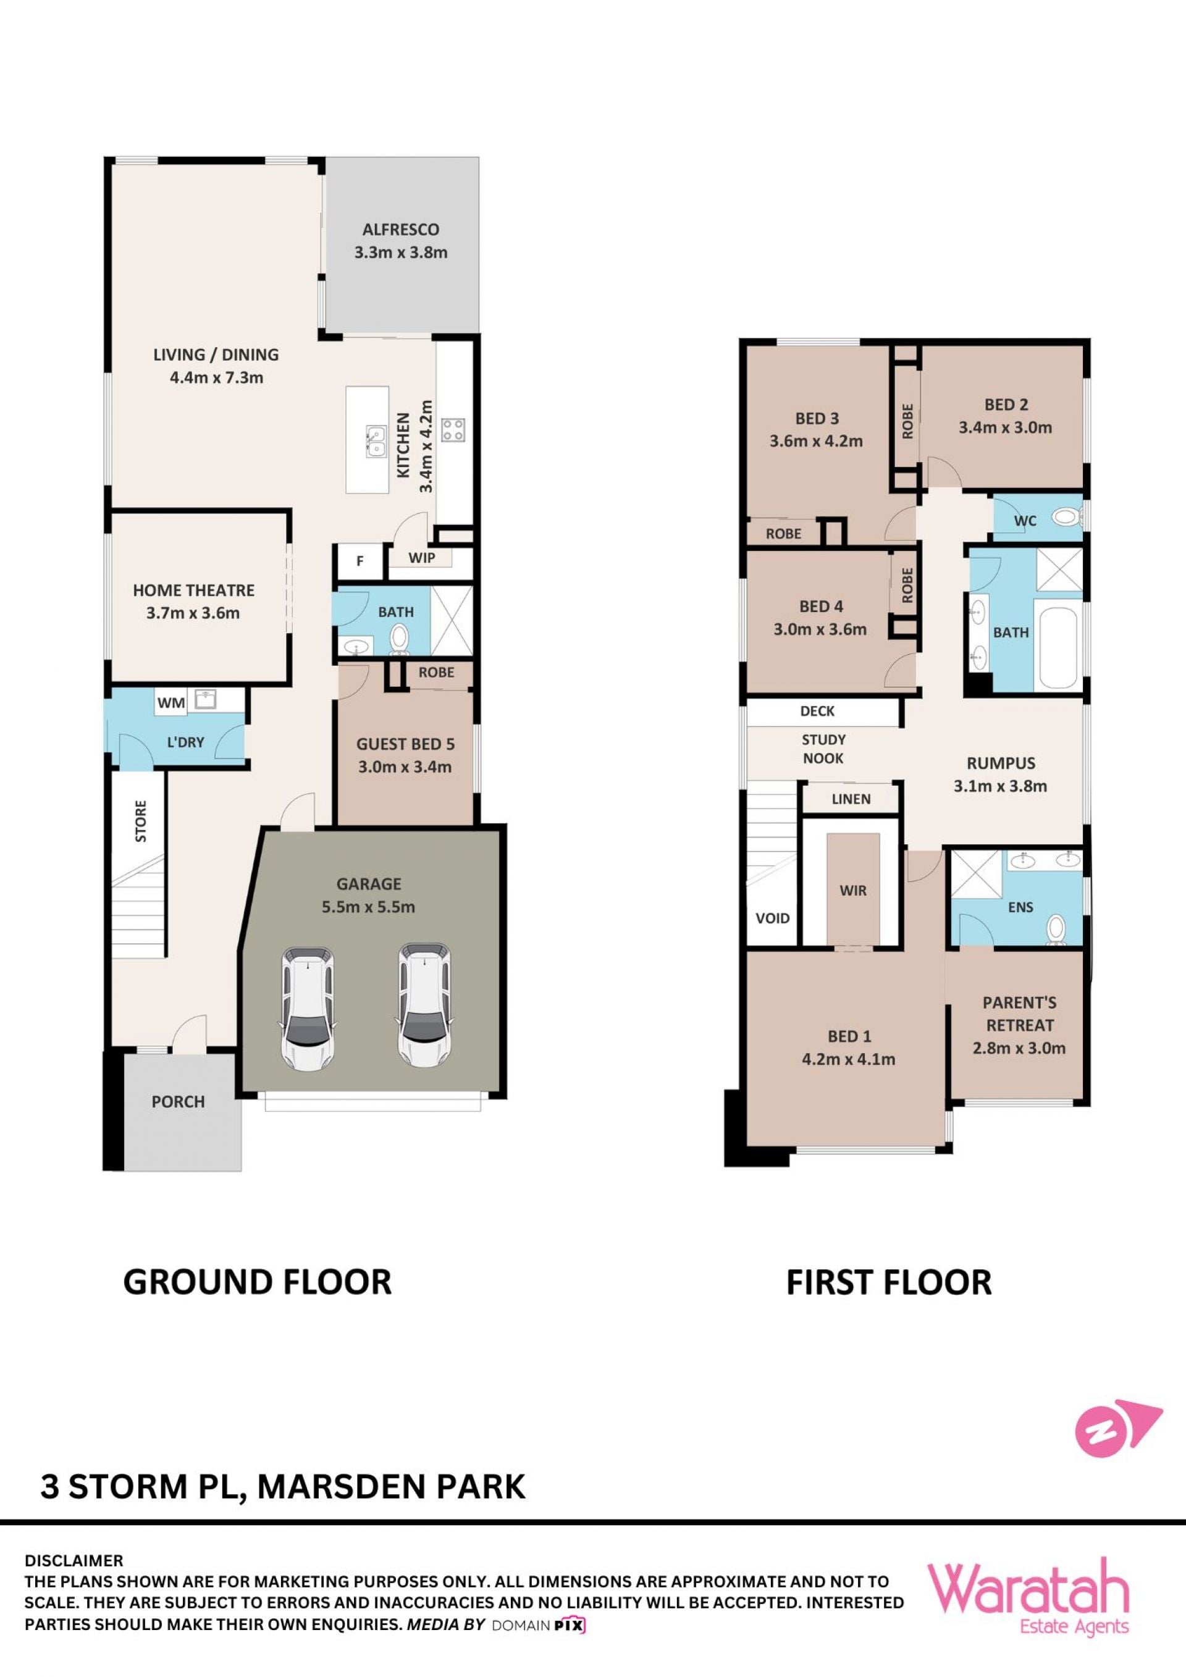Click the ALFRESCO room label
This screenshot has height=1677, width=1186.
400,229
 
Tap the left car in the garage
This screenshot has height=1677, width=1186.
309,1009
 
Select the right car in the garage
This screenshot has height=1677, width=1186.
424,1006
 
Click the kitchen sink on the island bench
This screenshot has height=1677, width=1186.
377,441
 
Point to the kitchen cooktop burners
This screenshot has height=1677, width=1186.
453,429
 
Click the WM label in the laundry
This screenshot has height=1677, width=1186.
171,703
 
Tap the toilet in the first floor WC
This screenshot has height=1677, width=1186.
1067,519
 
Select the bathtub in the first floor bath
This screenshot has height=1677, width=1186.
1058,647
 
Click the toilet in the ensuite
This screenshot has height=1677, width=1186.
1055,930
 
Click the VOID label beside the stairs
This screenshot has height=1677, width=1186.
772,918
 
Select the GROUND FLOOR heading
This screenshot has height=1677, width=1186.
257,1282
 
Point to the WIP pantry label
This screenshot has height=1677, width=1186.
421,558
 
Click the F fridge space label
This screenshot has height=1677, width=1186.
360,561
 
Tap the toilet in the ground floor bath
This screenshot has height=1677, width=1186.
399,637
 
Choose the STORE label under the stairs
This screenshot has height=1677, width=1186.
141,821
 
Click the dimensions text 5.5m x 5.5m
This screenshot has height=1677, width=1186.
368,907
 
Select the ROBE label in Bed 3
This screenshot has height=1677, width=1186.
783,534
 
